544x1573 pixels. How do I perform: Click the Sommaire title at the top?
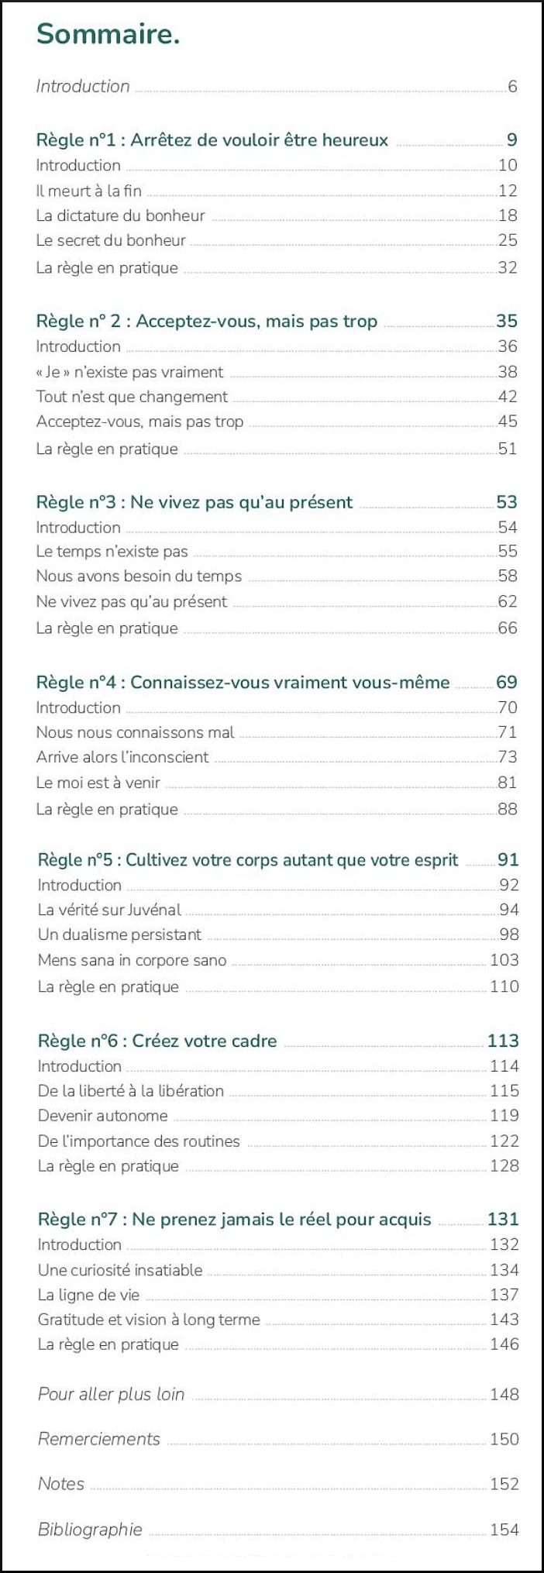click(x=108, y=34)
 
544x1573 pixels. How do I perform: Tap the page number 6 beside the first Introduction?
click(x=512, y=87)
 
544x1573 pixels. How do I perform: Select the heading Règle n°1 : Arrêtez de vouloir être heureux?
click(x=212, y=140)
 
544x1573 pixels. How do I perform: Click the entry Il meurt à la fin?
click(x=88, y=191)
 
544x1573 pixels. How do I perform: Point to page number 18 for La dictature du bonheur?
click(x=508, y=215)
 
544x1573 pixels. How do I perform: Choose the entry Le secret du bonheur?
click(x=111, y=240)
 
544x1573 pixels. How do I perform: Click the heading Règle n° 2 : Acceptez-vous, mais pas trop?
click(x=206, y=322)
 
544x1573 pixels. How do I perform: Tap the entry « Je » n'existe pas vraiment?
click(x=129, y=372)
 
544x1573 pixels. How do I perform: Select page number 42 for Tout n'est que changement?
click(x=508, y=397)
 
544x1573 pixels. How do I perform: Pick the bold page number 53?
click(x=506, y=502)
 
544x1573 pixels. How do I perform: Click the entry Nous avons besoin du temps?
click(x=139, y=577)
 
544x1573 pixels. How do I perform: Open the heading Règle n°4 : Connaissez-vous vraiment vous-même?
click(x=243, y=683)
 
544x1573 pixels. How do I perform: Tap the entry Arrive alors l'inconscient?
click(x=122, y=757)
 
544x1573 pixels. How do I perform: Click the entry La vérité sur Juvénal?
click(x=109, y=910)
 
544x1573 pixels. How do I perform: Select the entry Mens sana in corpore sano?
click(x=132, y=960)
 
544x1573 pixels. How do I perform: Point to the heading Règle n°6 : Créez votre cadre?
click(x=157, y=1041)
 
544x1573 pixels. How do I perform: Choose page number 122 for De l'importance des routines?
click(x=504, y=1141)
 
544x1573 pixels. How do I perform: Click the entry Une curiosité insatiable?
click(x=120, y=1270)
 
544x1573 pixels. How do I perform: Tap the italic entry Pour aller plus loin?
click(x=111, y=1395)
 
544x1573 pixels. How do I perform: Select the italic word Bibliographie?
click(x=90, y=1530)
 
